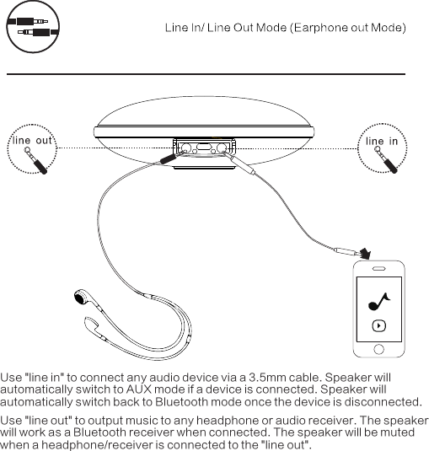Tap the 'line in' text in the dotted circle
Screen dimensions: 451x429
point(381,141)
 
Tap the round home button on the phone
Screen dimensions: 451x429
point(378,346)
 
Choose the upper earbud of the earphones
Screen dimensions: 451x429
point(82,297)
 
